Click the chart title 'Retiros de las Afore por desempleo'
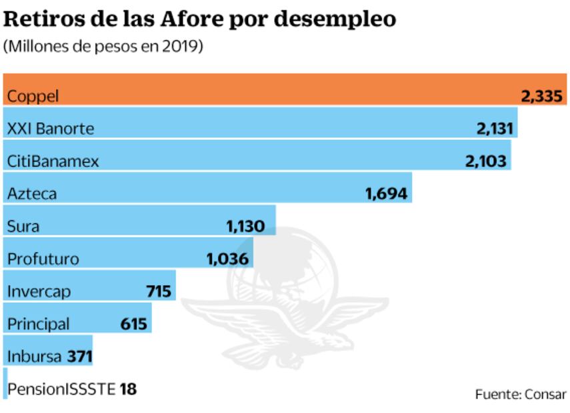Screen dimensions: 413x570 point(200,19)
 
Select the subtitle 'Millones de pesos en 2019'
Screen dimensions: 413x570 point(103,48)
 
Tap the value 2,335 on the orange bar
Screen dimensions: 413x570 point(543,97)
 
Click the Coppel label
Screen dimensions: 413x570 point(33,97)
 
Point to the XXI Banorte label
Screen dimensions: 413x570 point(50,129)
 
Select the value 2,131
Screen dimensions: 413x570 point(495,129)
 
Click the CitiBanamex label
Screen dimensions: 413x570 point(53,161)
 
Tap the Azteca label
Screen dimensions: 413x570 point(32,194)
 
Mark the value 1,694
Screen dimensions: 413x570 point(387,194)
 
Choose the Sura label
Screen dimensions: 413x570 point(23,226)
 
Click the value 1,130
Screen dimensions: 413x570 point(250,226)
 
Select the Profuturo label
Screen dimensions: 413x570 point(43,259)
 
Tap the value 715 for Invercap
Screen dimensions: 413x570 point(159,292)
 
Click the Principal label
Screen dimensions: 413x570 point(38,324)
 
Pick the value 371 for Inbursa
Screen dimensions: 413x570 point(79,356)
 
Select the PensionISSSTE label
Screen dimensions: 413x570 point(61,389)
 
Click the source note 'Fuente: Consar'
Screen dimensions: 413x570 point(520,394)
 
